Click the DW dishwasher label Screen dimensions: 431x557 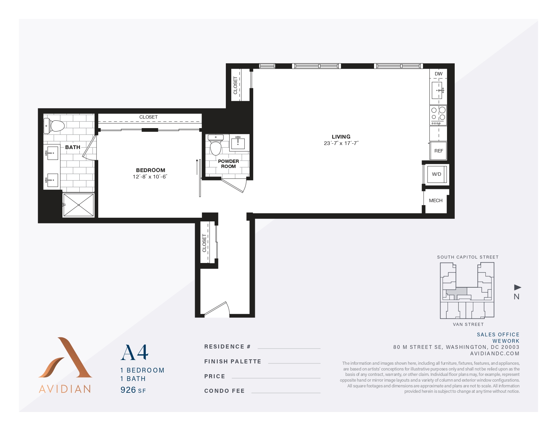click(x=438, y=74)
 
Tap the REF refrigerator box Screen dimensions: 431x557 click(x=439, y=151)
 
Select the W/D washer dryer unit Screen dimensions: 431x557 click(x=436, y=174)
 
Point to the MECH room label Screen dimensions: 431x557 click(x=435, y=200)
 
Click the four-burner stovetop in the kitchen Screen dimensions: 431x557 click(x=438, y=115)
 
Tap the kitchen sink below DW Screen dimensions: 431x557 click(x=437, y=90)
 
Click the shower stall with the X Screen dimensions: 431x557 click(x=78, y=205)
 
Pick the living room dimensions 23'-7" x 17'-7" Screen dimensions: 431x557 click(x=341, y=143)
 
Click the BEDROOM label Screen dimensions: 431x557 click(x=151, y=170)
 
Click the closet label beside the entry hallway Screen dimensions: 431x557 click(x=204, y=243)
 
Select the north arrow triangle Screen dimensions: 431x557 click(x=517, y=287)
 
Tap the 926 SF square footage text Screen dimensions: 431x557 click(x=133, y=390)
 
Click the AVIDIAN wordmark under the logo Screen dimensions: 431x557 click(x=65, y=389)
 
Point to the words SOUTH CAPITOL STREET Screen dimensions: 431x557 click(x=468, y=257)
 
